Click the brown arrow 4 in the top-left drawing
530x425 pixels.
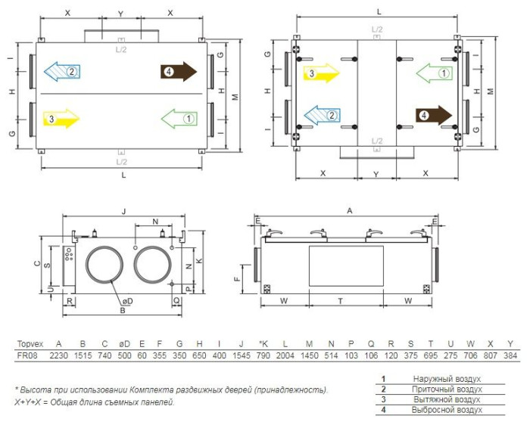coord(179,72)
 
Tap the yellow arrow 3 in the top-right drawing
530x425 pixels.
coord(322,73)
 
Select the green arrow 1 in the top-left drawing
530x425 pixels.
coord(179,119)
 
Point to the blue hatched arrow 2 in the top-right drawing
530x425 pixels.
coord(322,115)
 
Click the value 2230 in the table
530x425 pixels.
coord(59,355)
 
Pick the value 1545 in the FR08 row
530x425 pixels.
coord(242,355)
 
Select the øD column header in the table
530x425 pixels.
coord(124,344)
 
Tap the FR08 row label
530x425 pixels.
coord(27,355)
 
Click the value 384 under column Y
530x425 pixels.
coord(510,355)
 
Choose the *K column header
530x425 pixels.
coord(263,344)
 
